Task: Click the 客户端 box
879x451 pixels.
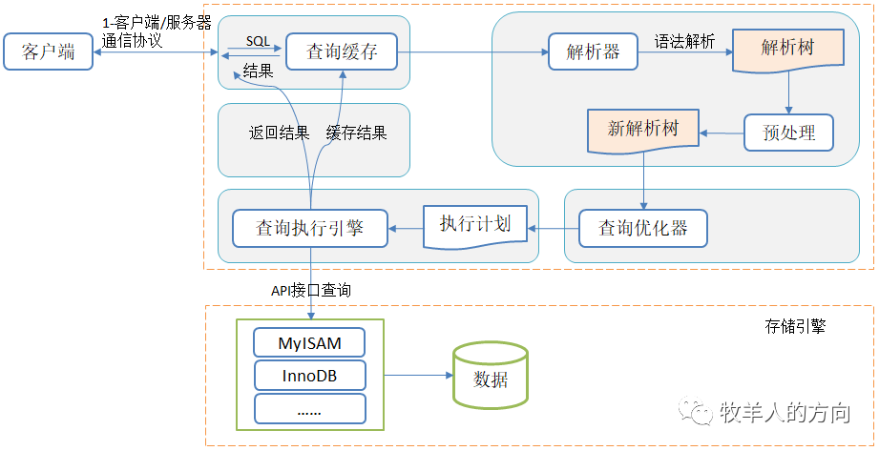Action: coord(49,51)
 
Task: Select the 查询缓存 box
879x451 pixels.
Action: coord(342,51)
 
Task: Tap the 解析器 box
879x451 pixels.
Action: coord(594,51)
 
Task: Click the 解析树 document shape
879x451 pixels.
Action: coord(787,49)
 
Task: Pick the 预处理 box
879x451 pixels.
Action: coord(788,133)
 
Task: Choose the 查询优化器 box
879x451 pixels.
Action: coord(643,228)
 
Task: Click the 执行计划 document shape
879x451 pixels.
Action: coord(474,225)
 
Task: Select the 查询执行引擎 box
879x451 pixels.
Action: coord(310,228)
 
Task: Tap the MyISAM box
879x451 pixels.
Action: coord(309,342)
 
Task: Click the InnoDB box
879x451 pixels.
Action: coord(309,376)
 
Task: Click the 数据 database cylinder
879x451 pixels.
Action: coord(491,377)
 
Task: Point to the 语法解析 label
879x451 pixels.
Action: coord(684,42)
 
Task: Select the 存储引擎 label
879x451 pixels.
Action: coord(794,326)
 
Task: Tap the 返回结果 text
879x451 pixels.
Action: coord(280,133)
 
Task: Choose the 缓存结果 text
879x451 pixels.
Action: coord(357,133)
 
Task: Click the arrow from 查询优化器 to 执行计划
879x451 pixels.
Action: coord(554,228)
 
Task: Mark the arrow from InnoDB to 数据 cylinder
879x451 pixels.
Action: coord(409,376)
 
